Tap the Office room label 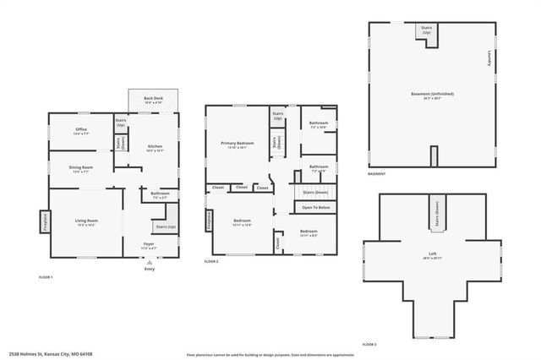81,131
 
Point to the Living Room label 87,222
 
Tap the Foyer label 148,245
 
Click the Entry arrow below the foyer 149,263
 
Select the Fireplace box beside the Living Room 44,222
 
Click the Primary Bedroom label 238,145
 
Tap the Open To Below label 316,207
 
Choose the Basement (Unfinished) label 427,93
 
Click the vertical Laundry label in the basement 489,59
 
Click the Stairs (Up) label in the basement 427,30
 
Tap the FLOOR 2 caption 211,262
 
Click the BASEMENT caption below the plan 377,174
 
